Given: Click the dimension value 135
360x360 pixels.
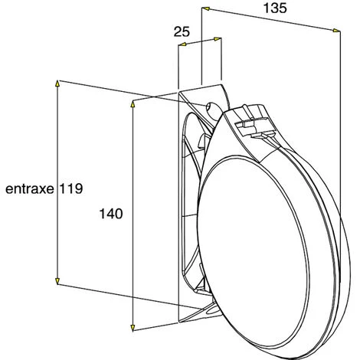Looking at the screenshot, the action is (275, 8).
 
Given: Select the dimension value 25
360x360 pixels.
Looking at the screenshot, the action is (182, 31).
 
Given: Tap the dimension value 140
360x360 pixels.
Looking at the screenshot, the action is (111, 214).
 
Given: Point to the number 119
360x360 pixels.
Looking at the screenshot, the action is (71, 189).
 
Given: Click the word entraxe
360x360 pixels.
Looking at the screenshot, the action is (30, 189).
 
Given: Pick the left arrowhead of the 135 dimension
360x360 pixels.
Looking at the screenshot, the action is (206, 9).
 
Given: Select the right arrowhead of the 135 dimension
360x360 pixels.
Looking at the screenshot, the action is (336, 31).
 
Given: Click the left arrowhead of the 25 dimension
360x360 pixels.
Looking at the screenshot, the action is (182, 44).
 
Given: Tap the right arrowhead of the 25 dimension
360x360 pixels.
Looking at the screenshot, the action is (218, 39).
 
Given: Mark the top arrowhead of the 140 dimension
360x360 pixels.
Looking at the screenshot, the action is (133, 105).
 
